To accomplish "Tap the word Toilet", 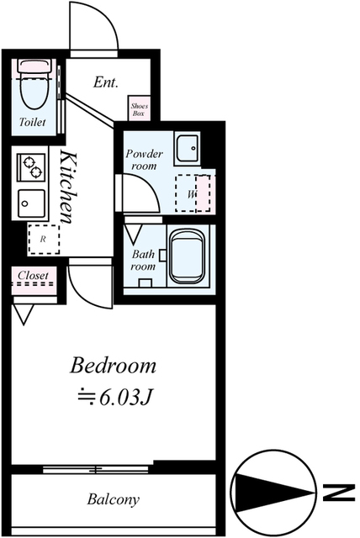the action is (x=32, y=122).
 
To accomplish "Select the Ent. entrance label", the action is (x=106, y=82).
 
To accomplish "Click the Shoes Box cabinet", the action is (x=139, y=108).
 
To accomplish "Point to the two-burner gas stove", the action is (x=31, y=167).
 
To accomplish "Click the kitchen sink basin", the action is (x=31, y=203).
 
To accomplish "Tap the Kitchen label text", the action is (x=68, y=187).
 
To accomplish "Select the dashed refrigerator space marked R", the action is (x=44, y=239).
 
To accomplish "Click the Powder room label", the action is (x=144, y=160).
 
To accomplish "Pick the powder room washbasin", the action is (x=188, y=148).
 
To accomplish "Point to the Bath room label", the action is (x=143, y=260).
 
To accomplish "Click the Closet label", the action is (x=34, y=275).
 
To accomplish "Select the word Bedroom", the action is (x=113, y=366).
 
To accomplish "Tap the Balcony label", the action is (x=114, y=498).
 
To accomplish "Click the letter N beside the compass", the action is (x=338, y=493).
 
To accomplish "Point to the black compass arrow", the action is (x=274, y=493).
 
